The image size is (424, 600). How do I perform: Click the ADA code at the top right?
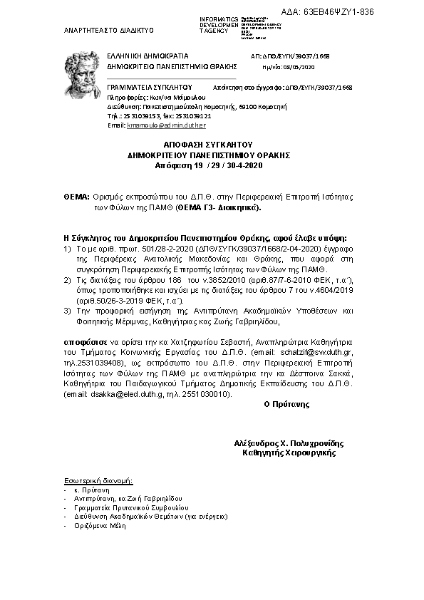(x=338, y=14)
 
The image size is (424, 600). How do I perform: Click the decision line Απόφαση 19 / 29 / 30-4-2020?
(x=209, y=165)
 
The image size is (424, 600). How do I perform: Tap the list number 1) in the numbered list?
(x=67, y=249)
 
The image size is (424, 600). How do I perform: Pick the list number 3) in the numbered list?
(x=67, y=311)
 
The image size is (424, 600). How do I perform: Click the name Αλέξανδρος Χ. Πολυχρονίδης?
(x=284, y=443)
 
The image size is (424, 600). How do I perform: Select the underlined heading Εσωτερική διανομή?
(x=93, y=482)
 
